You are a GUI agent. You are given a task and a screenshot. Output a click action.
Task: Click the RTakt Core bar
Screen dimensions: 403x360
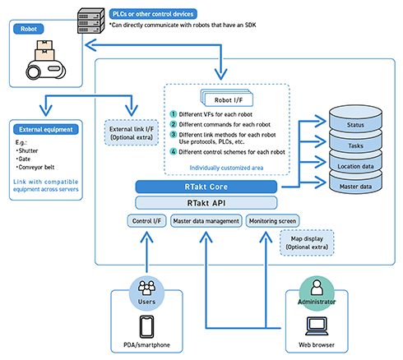point(206,187)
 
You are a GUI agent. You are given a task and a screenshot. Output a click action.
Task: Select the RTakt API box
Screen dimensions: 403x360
point(206,203)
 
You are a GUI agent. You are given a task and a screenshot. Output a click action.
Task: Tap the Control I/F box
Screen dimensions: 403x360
point(146,221)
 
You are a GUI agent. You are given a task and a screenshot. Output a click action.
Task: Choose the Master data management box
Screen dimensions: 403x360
point(206,221)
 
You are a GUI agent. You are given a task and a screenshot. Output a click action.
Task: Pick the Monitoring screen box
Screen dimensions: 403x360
point(272,221)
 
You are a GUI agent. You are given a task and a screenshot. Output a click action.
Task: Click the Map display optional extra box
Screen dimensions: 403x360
point(307,242)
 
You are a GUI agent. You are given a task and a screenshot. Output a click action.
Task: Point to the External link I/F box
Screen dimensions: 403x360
point(132,133)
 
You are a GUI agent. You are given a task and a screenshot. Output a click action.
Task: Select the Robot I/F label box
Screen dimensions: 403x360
point(227,99)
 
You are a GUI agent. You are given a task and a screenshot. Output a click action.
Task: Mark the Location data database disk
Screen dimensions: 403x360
point(355,164)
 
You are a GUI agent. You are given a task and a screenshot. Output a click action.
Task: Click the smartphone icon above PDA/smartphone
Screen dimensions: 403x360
point(146,327)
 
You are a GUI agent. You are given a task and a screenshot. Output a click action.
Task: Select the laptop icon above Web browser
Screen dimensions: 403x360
point(317,326)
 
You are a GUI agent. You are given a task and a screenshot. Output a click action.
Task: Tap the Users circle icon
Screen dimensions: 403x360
point(146,293)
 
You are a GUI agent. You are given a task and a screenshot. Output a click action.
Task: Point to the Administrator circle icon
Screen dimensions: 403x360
point(317,293)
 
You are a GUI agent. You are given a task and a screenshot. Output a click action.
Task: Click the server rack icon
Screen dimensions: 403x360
point(90,21)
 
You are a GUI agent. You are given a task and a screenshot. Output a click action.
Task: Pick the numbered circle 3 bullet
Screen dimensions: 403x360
point(174,134)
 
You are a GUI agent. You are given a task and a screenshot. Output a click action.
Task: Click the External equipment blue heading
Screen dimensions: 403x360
point(46,129)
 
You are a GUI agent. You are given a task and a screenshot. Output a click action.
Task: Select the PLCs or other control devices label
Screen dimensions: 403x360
point(153,14)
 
